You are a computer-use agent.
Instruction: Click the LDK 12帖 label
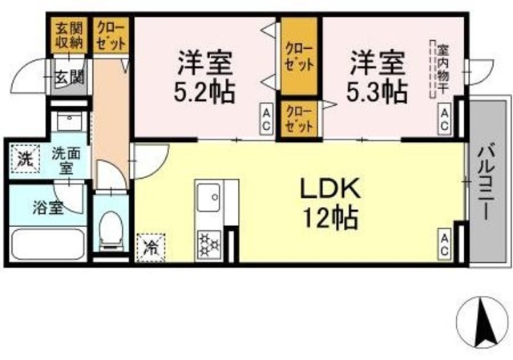(329, 204)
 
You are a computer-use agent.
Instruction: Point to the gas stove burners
(210, 241)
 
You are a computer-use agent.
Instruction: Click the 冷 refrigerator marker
(150, 246)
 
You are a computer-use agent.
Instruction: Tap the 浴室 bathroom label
(47, 207)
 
